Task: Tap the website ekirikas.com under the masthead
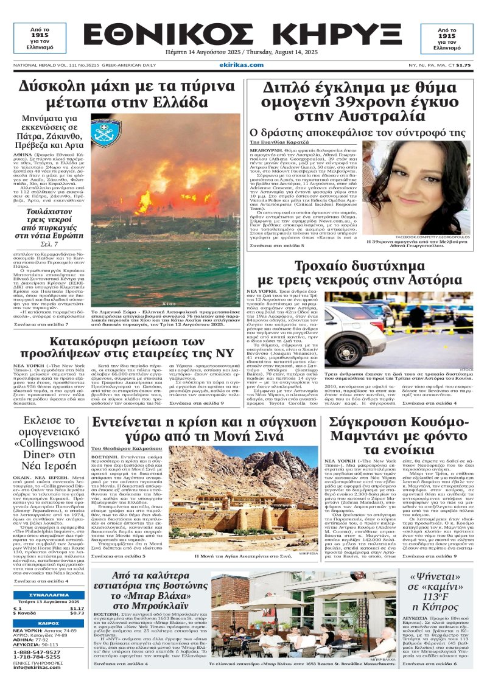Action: point(243,65)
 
